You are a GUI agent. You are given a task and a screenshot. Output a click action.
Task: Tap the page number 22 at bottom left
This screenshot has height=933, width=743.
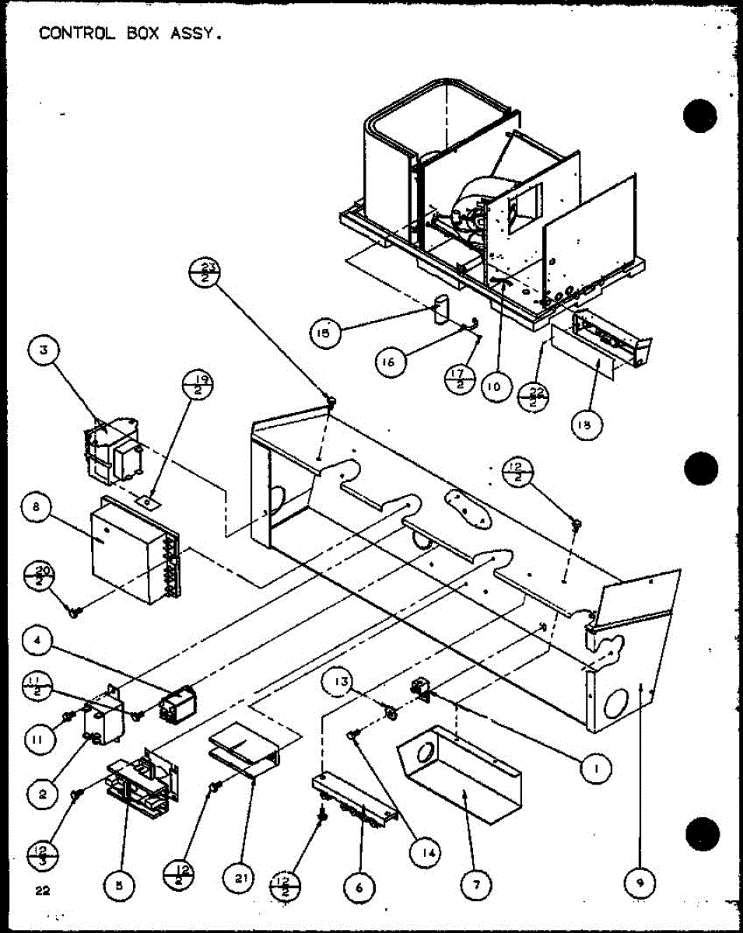(x=43, y=892)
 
